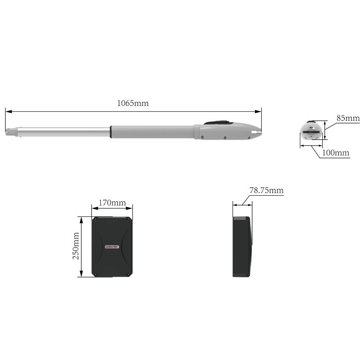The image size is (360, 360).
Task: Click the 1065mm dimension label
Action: [x=133, y=103]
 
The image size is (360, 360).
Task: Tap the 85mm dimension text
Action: [x=348, y=118]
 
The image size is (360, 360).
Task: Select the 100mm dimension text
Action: [x=336, y=152]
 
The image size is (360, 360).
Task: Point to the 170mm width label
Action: [x=112, y=203]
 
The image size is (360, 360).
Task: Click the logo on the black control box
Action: [x=112, y=246]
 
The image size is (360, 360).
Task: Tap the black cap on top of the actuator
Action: [x=219, y=123]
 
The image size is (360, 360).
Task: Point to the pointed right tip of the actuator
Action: [x=259, y=133]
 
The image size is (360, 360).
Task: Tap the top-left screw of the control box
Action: [x=95, y=219]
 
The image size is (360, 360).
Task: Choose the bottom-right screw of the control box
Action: [x=129, y=274]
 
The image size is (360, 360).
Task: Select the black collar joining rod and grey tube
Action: [x=111, y=131]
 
